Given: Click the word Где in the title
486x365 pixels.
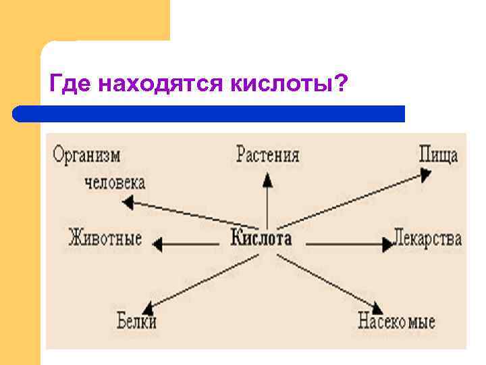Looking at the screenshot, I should pyautogui.click(x=71, y=85).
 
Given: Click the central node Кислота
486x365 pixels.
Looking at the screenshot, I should pyautogui.click(x=262, y=239).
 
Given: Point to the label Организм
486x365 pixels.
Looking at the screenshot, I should pyautogui.click(x=87, y=155).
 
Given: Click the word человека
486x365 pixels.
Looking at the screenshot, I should pyautogui.click(x=115, y=182).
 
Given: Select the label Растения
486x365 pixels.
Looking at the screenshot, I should pyautogui.click(x=268, y=155).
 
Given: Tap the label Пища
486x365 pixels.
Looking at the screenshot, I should pyautogui.click(x=438, y=155).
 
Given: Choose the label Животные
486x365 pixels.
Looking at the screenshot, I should pyautogui.click(x=105, y=239).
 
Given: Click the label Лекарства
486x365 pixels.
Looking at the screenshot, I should pyautogui.click(x=428, y=239).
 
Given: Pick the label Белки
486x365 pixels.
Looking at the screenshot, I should pyautogui.click(x=136, y=320).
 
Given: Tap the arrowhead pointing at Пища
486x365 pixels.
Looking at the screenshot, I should pyautogui.click(x=425, y=175).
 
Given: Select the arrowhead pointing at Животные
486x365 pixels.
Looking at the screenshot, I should pyautogui.click(x=158, y=242).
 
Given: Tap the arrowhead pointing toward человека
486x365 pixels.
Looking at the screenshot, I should pyautogui.click(x=127, y=201).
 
